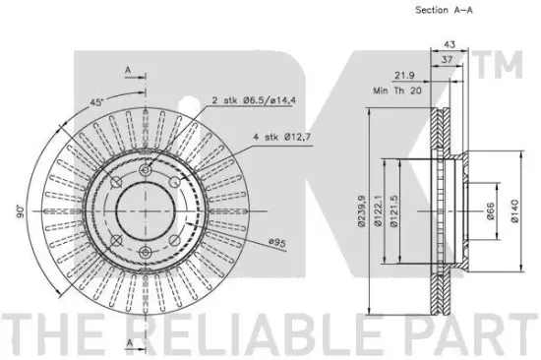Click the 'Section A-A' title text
[x=444, y=10]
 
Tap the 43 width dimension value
[x=450, y=44]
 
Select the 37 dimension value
[x=448, y=59]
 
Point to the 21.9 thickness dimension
[x=404, y=75]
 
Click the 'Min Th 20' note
[x=397, y=90]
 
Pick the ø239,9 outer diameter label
[x=361, y=210]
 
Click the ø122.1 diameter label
[x=378, y=210]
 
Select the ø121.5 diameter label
[x=393, y=210]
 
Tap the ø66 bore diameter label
[x=490, y=210]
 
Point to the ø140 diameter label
[x=514, y=210]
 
